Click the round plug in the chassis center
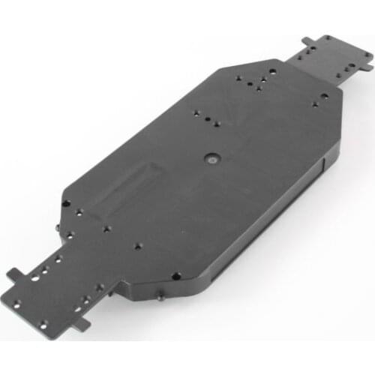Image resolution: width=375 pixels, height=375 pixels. pos(211,160)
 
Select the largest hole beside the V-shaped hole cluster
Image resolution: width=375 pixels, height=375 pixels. pos(272,73)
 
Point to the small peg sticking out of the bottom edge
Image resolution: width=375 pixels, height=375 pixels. pos(161,298)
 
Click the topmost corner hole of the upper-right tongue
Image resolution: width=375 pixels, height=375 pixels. pos(327,38)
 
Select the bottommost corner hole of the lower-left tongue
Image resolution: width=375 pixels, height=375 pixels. pos(43,324)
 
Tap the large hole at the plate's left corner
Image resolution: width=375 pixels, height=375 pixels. pos(66,203)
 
